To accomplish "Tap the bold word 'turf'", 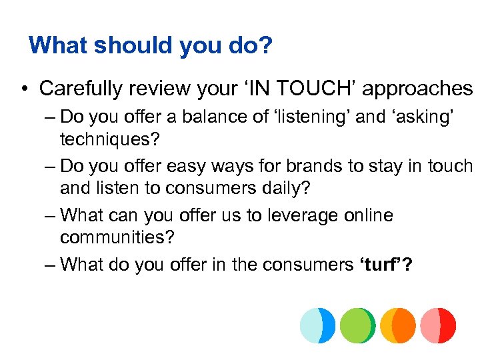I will [379, 265].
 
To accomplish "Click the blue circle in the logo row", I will [317, 325].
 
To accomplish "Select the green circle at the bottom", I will [357, 325].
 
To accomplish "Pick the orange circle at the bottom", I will [397, 325].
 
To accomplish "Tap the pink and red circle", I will [438, 325].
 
